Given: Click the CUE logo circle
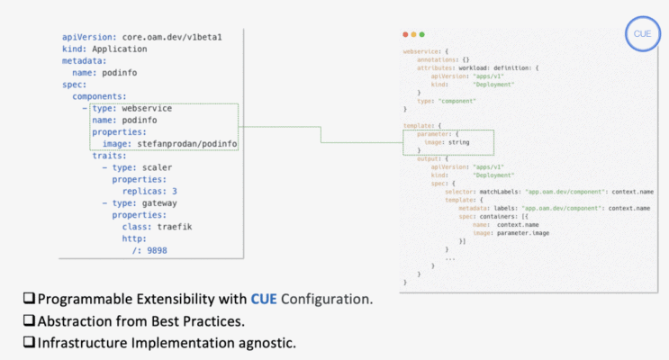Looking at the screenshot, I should (641, 33).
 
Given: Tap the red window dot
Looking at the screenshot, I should (405, 34).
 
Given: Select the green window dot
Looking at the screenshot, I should (420, 34).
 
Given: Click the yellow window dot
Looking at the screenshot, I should (412, 34).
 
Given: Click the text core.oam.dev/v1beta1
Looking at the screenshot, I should (172, 37).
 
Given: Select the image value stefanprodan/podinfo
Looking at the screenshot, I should (187, 143).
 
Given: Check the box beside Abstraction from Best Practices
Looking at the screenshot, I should (30, 320).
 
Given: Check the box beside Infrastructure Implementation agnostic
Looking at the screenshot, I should (30, 343).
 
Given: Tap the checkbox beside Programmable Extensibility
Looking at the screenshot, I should (30, 298).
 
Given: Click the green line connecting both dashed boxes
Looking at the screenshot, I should (321, 134).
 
